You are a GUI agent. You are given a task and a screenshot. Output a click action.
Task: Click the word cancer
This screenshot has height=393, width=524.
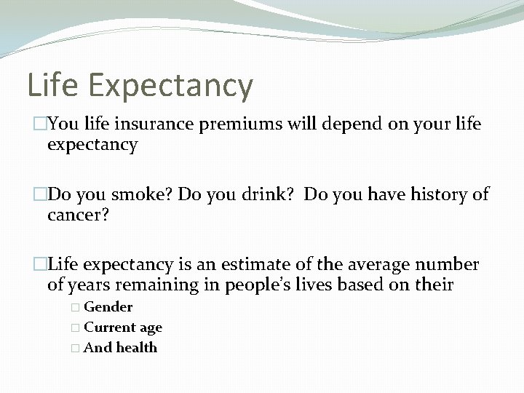[75, 215]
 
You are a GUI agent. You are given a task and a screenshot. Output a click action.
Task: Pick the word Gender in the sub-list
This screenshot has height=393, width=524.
[108, 307]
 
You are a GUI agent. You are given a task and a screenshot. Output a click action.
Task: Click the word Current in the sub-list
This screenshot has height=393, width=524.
[108, 327]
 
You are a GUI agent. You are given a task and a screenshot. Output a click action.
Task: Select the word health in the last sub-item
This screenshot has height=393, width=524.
[137, 348]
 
